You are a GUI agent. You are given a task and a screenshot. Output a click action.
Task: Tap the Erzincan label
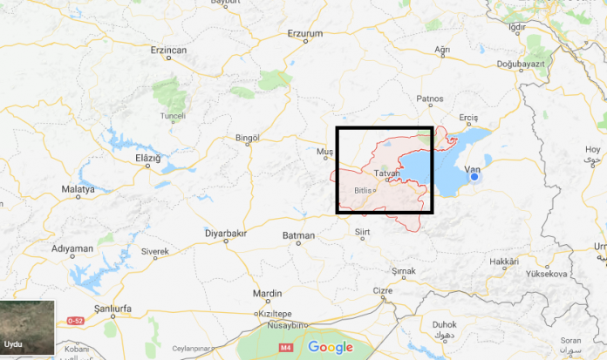point(169,51)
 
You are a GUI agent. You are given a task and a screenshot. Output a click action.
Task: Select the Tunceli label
point(174,115)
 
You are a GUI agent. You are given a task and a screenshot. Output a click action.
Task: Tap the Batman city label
point(298,235)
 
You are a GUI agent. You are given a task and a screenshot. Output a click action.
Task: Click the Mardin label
point(267,293)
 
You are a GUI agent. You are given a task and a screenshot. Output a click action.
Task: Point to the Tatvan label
point(386,173)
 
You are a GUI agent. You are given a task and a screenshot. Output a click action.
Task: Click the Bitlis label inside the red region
point(364,190)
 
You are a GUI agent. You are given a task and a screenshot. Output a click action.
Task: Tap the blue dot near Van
point(474,177)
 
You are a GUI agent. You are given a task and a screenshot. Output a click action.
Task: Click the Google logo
point(331,347)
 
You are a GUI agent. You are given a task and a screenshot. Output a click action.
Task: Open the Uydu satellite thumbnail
point(27,329)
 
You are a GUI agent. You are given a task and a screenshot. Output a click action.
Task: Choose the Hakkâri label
point(504,262)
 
